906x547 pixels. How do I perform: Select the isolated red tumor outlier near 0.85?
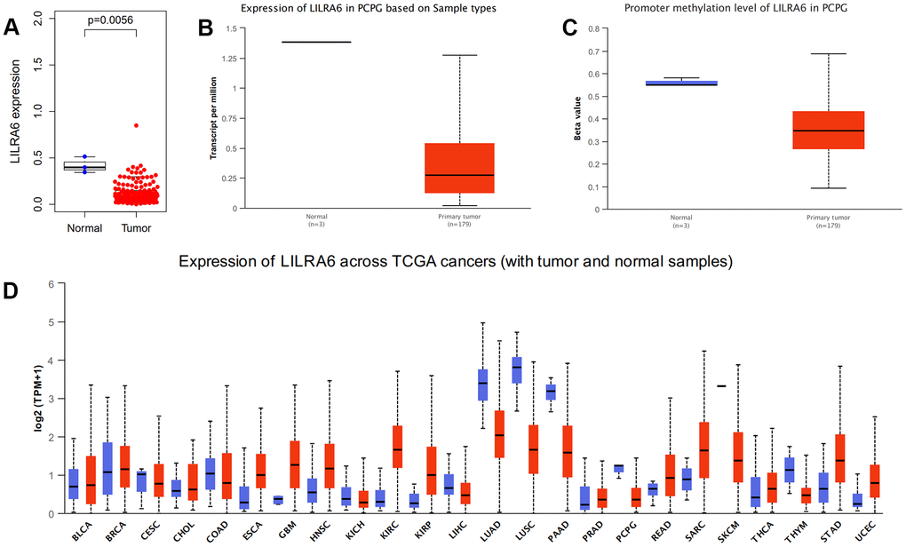136,126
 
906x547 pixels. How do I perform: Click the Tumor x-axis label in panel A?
136,228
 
